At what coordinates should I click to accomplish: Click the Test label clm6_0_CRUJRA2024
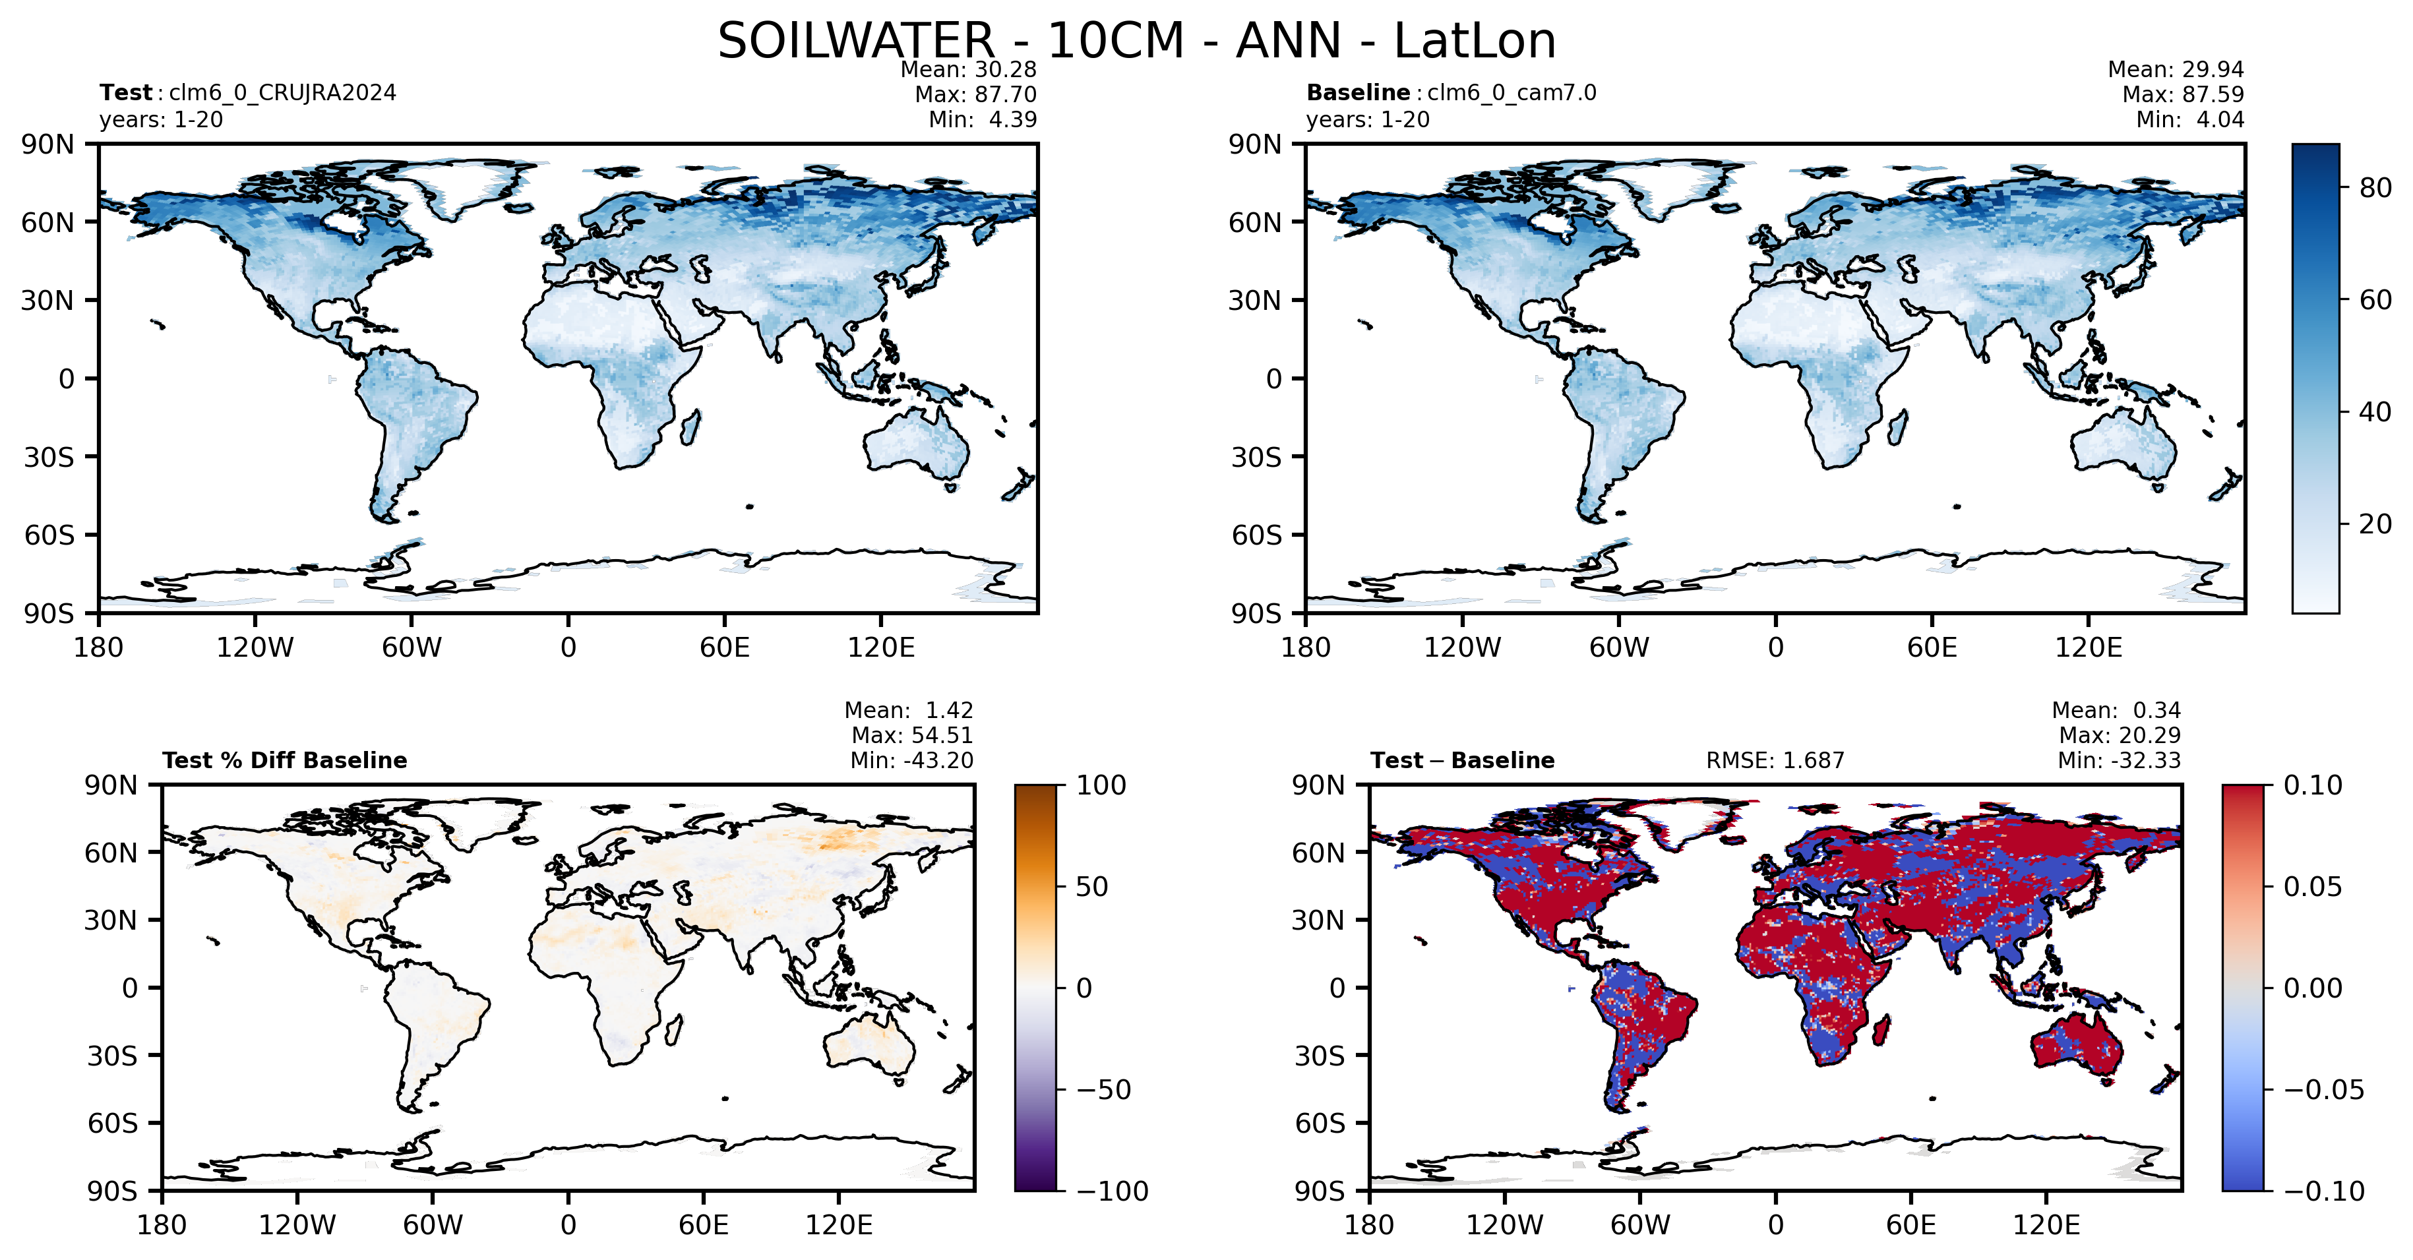pyautogui.click(x=282, y=93)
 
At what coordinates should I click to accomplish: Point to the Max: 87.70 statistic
pyautogui.click(x=976, y=95)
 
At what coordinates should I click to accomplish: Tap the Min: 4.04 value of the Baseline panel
pyautogui.click(x=2190, y=120)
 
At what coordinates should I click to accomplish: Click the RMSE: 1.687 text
pyautogui.click(x=1775, y=761)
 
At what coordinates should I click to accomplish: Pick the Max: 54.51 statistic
pyautogui.click(x=912, y=735)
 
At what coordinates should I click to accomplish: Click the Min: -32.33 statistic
pyautogui.click(x=2119, y=761)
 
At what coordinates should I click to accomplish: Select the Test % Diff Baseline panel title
pyautogui.click(x=285, y=761)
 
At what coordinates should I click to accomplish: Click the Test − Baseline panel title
pyautogui.click(x=1462, y=761)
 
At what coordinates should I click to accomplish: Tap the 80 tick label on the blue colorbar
pyautogui.click(x=2375, y=189)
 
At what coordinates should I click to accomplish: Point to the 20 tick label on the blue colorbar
pyautogui.click(x=2375, y=524)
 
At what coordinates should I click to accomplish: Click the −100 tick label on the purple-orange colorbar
pyautogui.click(x=1112, y=1191)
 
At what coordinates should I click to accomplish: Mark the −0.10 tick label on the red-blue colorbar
pyautogui.click(x=2324, y=1191)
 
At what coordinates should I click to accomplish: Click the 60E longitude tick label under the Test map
pyautogui.click(x=724, y=647)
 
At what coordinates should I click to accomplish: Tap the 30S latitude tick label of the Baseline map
pyautogui.click(x=1255, y=457)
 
